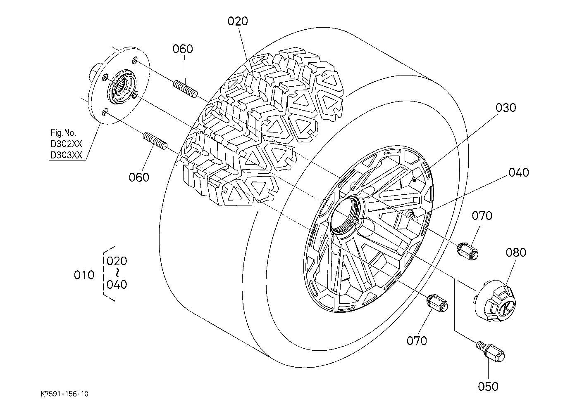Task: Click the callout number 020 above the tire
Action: coord(237,21)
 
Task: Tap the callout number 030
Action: coord(506,108)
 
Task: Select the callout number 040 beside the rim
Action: coord(519,172)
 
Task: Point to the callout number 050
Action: coord(488,387)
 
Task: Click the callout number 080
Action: coord(516,253)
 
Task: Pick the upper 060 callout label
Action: coord(183,49)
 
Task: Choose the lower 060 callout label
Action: coord(139,177)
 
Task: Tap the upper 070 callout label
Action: coord(482,216)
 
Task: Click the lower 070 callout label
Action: coord(417,341)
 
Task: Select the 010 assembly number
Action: coord(84,275)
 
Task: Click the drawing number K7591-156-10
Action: coord(64,394)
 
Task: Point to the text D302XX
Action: coord(67,144)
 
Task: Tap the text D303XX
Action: coord(67,155)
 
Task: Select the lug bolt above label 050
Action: coord(490,352)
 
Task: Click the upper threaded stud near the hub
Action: coord(186,89)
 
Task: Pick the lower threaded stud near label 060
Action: coord(155,141)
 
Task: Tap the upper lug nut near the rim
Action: coord(468,251)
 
